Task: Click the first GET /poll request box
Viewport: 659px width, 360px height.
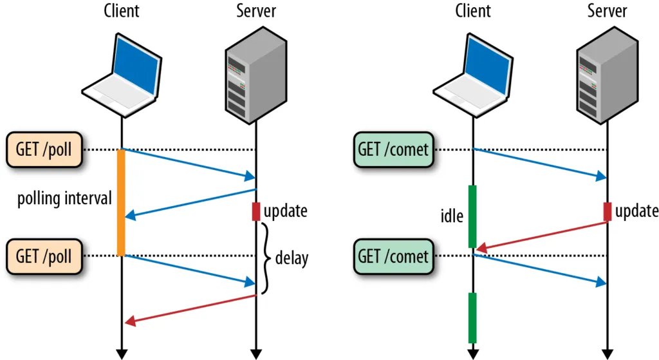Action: pos(44,149)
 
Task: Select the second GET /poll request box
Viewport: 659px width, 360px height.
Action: pos(44,256)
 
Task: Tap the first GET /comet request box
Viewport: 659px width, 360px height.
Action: pos(393,149)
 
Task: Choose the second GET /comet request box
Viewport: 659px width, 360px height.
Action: pos(393,256)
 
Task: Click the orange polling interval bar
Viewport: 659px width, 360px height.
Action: pos(120,202)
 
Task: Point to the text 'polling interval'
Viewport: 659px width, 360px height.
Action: pos(64,198)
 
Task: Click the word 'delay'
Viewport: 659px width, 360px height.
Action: pos(292,258)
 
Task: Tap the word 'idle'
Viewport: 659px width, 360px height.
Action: pos(452,216)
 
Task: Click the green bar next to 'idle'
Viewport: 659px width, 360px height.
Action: pos(472,216)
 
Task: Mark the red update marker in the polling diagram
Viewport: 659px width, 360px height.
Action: pos(255,211)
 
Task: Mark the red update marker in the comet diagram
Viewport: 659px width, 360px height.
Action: pos(607,211)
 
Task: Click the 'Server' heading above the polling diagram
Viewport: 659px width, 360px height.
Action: pos(255,11)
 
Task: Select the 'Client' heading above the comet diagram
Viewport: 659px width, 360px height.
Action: pos(472,11)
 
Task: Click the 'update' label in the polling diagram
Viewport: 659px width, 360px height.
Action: pos(285,211)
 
